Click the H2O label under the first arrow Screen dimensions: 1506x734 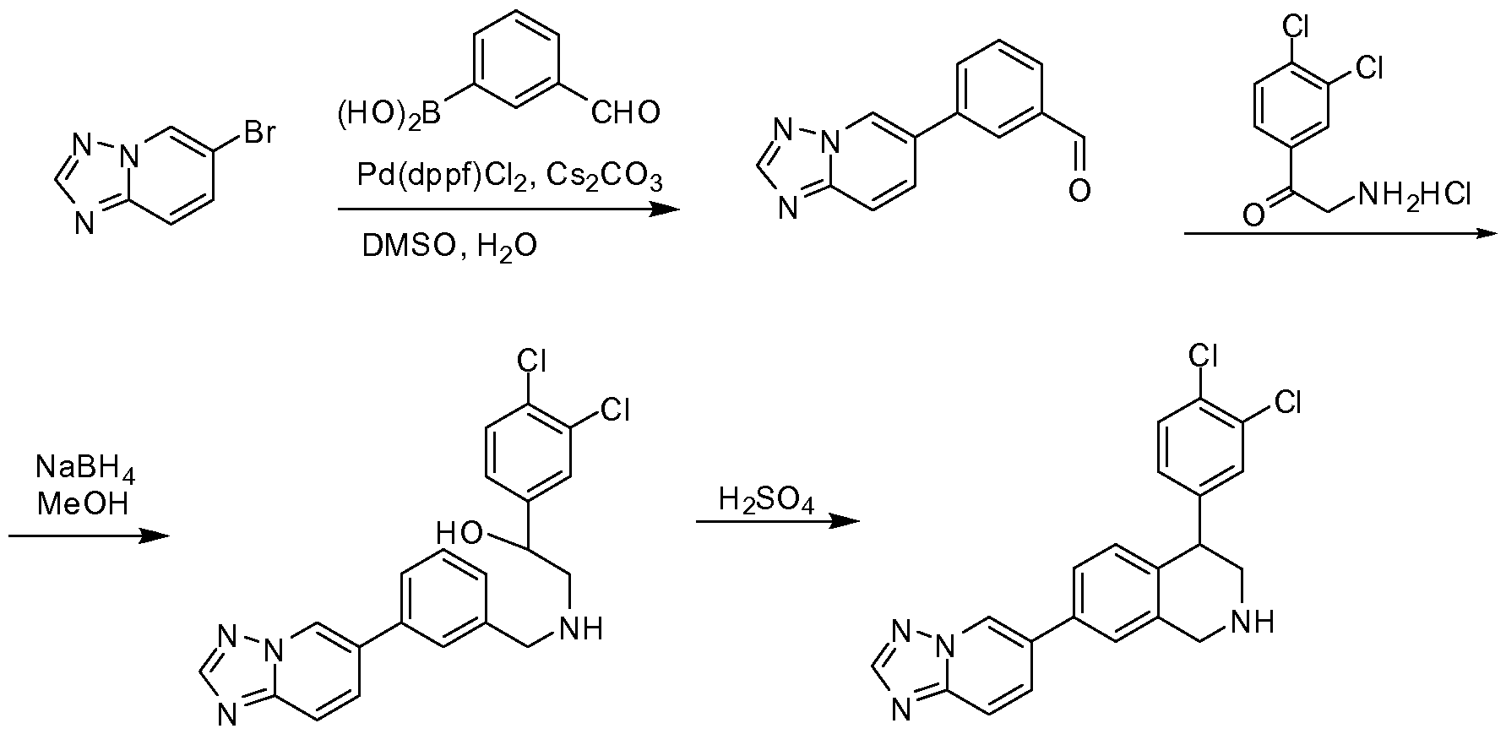point(506,247)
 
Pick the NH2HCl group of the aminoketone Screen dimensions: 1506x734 point(1411,197)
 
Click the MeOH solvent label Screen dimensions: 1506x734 point(84,504)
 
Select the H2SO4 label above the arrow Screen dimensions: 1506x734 point(767,502)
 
